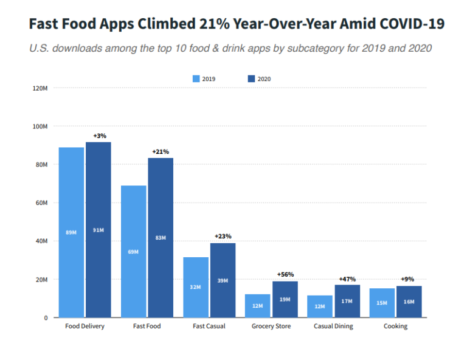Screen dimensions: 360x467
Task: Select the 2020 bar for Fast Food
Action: coord(161,238)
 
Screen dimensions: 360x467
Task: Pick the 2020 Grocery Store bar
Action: coord(285,299)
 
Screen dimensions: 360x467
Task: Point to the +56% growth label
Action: coord(285,274)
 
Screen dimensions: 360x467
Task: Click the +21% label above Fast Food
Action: coord(161,151)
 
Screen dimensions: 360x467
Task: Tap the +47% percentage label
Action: coord(347,279)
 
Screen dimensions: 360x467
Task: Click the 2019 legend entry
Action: coord(204,79)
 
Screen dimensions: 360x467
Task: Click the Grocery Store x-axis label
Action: coord(271,327)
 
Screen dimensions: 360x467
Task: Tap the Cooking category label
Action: coord(395,327)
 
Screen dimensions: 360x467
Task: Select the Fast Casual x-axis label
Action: coord(209,327)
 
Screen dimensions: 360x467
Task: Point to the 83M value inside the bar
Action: coord(161,238)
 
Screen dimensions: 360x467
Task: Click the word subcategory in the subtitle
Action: coord(296,48)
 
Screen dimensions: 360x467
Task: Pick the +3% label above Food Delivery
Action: coord(100,136)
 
